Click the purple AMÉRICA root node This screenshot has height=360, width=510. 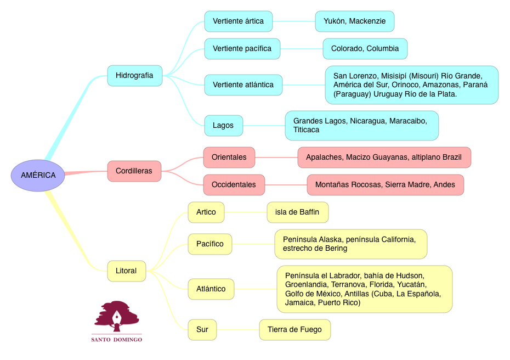click(38, 176)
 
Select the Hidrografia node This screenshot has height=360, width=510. click(134, 75)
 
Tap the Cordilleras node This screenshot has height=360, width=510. click(134, 171)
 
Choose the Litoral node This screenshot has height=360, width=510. click(126, 271)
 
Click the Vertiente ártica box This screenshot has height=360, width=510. click(238, 21)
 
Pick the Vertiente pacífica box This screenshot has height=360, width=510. click(242, 49)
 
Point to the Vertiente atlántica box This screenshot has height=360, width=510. click(243, 85)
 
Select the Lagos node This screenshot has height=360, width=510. click(223, 126)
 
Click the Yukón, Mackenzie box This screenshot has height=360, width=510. click(354, 21)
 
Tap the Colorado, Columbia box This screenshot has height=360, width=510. click(365, 49)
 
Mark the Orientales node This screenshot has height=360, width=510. click(229, 157)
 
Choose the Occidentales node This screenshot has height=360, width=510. click(234, 185)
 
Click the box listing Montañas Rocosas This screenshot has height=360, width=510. click(385, 185)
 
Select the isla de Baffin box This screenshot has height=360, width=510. click(297, 212)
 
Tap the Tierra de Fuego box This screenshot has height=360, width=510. click(294, 330)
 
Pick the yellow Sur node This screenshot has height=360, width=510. click(202, 330)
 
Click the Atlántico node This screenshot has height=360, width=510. click(211, 289)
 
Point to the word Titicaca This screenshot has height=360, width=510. click(306, 130)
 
